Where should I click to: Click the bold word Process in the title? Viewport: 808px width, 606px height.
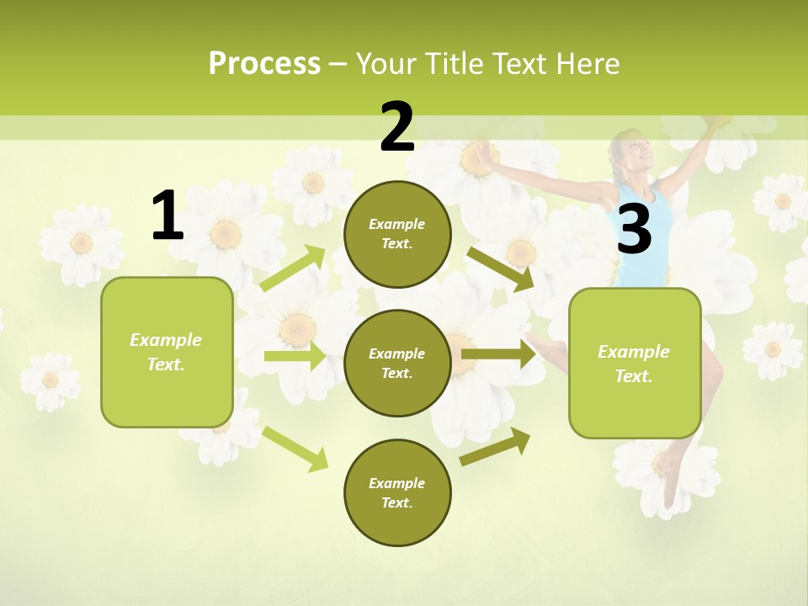(x=264, y=63)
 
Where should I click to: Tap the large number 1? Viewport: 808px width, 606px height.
(x=167, y=215)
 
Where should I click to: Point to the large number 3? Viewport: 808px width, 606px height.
(x=635, y=229)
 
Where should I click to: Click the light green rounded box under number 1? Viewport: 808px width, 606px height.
(x=167, y=352)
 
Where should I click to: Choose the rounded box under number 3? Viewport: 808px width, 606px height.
(x=635, y=363)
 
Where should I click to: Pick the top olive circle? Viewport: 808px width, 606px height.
(x=397, y=234)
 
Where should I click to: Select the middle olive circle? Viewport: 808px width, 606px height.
(x=397, y=363)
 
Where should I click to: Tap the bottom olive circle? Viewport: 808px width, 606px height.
(x=397, y=492)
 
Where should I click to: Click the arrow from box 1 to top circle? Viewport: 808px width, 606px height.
(x=292, y=268)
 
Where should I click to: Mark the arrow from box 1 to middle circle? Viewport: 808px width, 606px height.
(x=295, y=356)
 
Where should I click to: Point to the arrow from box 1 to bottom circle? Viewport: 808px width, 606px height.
(x=295, y=449)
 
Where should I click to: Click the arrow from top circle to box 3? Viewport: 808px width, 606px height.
(x=501, y=268)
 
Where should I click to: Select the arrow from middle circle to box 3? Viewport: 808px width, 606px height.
(x=498, y=354)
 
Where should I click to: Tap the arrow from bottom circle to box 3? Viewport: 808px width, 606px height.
(x=496, y=446)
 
